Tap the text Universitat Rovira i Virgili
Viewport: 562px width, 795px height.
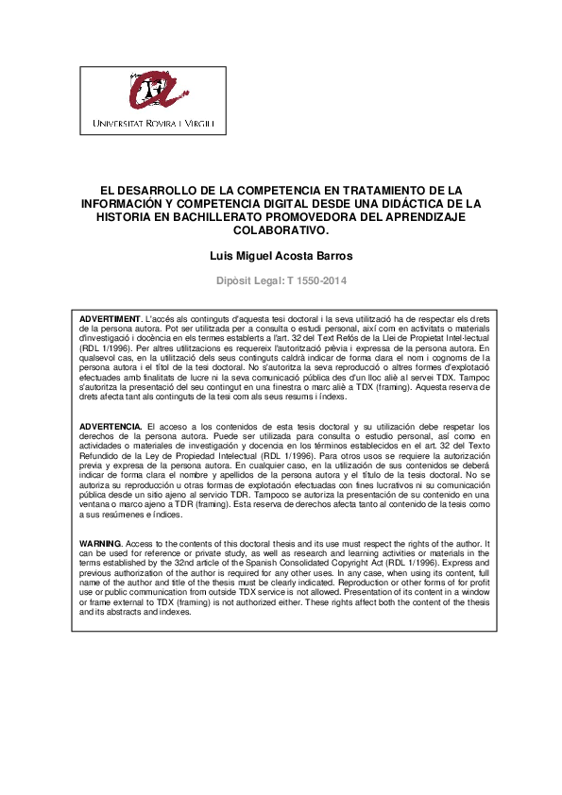[x=153, y=124]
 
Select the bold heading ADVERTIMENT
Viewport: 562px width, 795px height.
[x=110, y=319]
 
